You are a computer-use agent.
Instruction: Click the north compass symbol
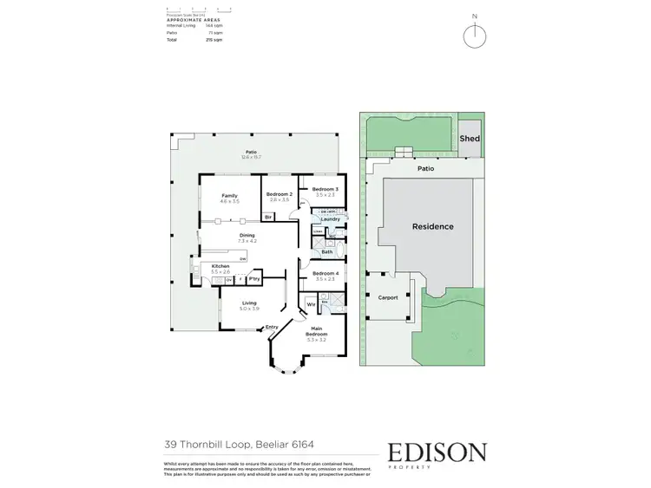tap(473, 36)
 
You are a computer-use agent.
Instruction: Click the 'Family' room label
tap(229, 196)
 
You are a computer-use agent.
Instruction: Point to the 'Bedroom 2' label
tap(279, 194)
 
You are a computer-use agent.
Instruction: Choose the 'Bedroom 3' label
tap(325, 189)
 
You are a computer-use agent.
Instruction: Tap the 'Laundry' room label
tap(329, 219)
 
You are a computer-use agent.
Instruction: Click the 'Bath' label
tap(327, 251)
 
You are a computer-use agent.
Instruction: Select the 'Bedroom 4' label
tap(325, 274)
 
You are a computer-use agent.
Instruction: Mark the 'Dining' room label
tap(247, 235)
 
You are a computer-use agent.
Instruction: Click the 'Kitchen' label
tap(220, 267)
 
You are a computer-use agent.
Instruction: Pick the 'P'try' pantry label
tap(254, 279)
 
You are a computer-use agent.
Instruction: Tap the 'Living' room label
tap(250, 303)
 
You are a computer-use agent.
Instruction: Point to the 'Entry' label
tap(272, 327)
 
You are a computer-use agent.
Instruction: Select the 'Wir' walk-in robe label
tap(310, 304)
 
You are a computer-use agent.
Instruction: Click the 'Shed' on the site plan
tap(469, 138)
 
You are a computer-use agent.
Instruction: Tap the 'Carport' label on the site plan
tap(388, 297)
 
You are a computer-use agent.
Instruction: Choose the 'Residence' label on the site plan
tap(431, 226)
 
